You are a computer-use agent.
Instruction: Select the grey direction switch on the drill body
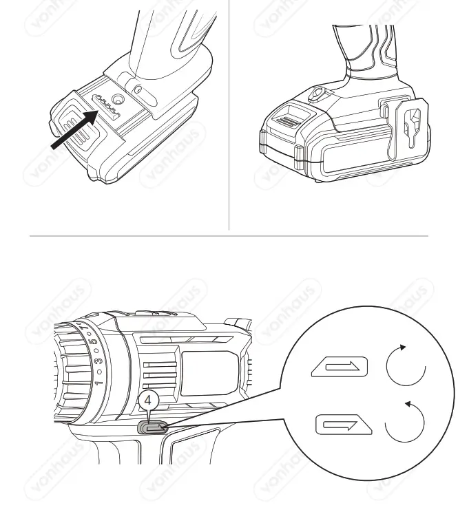(154, 427)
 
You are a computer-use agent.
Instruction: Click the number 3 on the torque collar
(97, 360)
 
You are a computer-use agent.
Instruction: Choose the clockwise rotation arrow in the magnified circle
(406, 365)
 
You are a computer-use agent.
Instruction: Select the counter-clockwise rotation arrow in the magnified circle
(405, 421)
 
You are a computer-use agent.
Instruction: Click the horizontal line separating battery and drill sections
(228, 236)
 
